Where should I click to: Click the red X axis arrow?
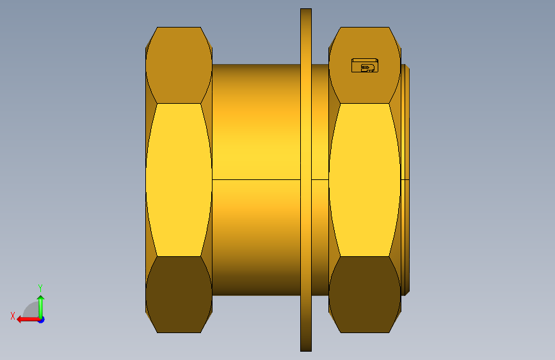(28, 320)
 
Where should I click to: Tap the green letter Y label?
(40, 288)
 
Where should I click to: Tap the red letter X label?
(13, 316)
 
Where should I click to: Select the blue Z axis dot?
(42, 320)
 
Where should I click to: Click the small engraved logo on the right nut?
(365, 65)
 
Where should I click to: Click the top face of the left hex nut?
(179, 65)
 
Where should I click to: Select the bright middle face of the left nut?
(179, 180)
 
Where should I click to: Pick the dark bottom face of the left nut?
(179, 295)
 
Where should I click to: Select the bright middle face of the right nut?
(365, 180)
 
